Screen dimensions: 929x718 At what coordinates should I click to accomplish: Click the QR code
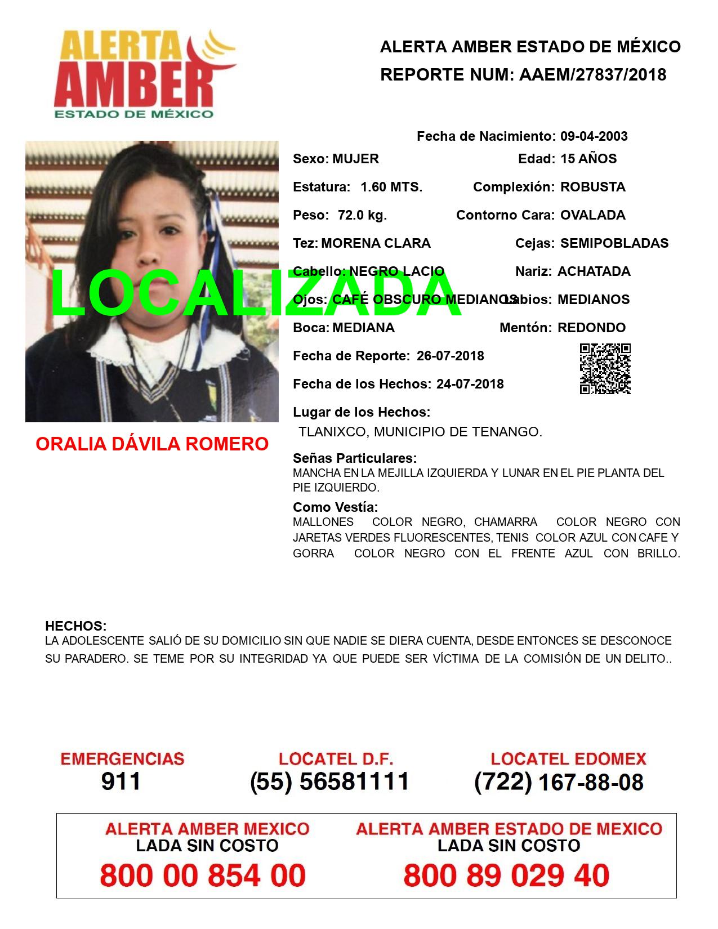click(x=605, y=369)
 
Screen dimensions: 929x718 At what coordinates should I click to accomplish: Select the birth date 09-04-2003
click(x=594, y=136)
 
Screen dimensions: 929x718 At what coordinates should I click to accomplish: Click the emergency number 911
click(x=121, y=781)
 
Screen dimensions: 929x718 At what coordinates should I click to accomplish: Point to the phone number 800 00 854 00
click(x=203, y=876)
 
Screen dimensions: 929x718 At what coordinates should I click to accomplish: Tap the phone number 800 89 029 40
click(x=506, y=876)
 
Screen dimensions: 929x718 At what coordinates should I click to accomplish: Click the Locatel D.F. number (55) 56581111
click(x=329, y=781)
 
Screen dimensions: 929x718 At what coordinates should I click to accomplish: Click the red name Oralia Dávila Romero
click(x=152, y=444)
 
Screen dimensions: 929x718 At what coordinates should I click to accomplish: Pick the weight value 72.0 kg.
click(x=362, y=215)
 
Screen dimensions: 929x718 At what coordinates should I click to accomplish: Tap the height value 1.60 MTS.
click(x=391, y=187)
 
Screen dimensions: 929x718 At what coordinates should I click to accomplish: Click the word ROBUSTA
click(x=592, y=187)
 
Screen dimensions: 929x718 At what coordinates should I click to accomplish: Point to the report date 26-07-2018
click(x=450, y=356)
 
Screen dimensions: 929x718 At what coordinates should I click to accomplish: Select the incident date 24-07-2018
click(x=470, y=384)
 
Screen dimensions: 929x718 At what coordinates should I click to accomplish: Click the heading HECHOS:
click(x=75, y=626)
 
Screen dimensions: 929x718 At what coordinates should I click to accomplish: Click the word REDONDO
click(x=591, y=328)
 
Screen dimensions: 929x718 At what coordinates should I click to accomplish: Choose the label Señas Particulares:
click(x=355, y=458)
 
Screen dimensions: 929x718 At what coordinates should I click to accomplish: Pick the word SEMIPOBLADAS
click(x=614, y=243)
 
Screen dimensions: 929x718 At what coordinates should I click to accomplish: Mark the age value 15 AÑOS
click(x=588, y=159)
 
